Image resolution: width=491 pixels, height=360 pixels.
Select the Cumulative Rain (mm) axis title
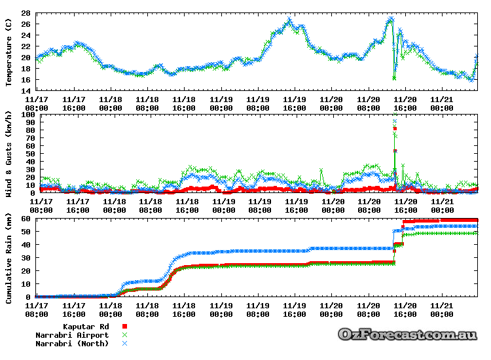click(x=9, y=257)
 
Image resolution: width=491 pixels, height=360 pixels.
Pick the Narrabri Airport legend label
click(x=72, y=334)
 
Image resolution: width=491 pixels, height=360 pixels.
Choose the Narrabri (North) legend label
click(x=72, y=343)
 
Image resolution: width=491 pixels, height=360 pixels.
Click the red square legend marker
click(x=124, y=326)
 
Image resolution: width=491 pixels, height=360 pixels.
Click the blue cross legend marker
click(x=124, y=343)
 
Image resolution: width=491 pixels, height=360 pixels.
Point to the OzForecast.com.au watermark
click(x=407, y=334)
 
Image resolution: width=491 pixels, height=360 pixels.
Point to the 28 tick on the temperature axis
click(x=27, y=13)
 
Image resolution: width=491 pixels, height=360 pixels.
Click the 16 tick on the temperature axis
click(x=27, y=80)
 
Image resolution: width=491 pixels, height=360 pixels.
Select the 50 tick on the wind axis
click(x=29, y=154)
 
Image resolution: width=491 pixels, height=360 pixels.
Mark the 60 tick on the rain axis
click(x=27, y=218)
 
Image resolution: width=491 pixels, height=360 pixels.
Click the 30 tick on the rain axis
click(x=27, y=257)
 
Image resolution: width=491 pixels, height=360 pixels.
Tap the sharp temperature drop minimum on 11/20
click(x=394, y=78)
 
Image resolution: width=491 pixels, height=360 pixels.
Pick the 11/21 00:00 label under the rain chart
click(x=441, y=309)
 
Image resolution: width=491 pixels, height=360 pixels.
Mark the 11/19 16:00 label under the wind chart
click(x=295, y=206)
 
